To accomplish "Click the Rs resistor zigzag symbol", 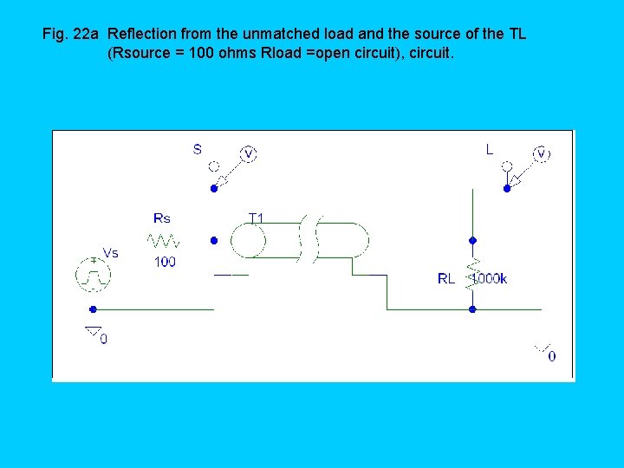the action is coord(162,239).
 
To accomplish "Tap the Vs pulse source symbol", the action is coord(93,274).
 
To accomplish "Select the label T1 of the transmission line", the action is coord(257,218).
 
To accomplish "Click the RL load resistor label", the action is coord(445,279).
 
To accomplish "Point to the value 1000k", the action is coord(490,279).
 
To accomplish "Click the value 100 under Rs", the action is coord(165,262).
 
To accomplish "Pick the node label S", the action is coord(198,149).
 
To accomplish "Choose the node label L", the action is coord(490,149).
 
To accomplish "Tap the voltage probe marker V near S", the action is coord(248,153).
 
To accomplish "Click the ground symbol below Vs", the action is coord(92,330).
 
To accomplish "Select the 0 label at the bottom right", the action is coord(552,355).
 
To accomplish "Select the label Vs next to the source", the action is coord(111,253).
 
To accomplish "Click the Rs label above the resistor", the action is coord(162,218).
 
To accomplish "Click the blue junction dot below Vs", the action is coord(93,309).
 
